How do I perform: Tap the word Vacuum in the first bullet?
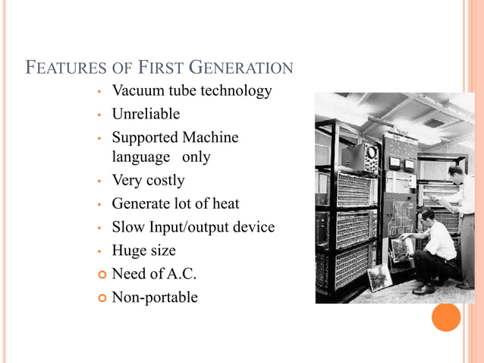click(x=138, y=91)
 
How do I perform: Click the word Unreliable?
click(x=146, y=114)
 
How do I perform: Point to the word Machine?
click(x=210, y=137)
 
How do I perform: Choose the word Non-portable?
click(x=155, y=297)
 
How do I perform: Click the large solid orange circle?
click(x=446, y=317)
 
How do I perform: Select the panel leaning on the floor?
click(x=379, y=277)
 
